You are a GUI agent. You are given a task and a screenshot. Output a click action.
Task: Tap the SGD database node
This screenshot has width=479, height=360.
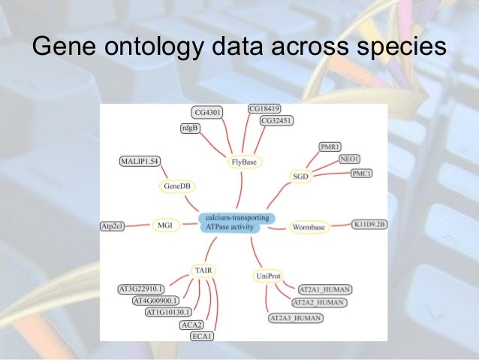tap(300, 176)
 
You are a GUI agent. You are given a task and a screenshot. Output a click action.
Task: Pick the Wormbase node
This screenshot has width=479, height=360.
tap(308, 225)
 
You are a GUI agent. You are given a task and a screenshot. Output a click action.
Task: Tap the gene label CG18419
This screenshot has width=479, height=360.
tap(264, 109)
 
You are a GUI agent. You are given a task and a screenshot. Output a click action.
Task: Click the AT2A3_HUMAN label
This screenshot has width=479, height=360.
tap(295, 318)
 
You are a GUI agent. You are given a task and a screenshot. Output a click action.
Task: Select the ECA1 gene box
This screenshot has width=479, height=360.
tap(201, 336)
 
